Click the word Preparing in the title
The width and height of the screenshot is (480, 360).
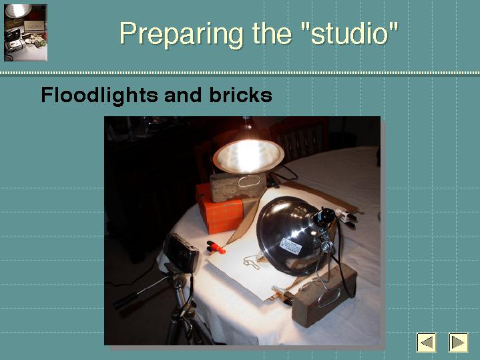point(181,34)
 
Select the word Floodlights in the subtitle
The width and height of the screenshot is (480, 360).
point(99,95)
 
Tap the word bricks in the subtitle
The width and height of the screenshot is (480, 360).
point(240,95)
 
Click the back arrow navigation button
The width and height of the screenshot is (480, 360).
point(426,342)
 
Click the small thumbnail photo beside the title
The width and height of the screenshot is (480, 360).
point(26,33)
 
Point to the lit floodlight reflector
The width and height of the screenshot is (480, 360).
point(248,156)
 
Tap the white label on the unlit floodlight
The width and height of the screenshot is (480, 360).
point(290,246)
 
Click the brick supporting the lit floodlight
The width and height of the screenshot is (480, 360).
point(238,186)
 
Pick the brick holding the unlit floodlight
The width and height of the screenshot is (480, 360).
point(324,295)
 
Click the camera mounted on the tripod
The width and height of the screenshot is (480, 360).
point(181,252)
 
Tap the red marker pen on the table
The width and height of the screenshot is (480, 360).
point(217,247)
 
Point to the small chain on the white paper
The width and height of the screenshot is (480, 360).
point(252,262)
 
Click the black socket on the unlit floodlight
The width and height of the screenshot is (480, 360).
point(324,216)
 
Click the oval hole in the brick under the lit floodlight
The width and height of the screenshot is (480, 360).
point(249,182)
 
